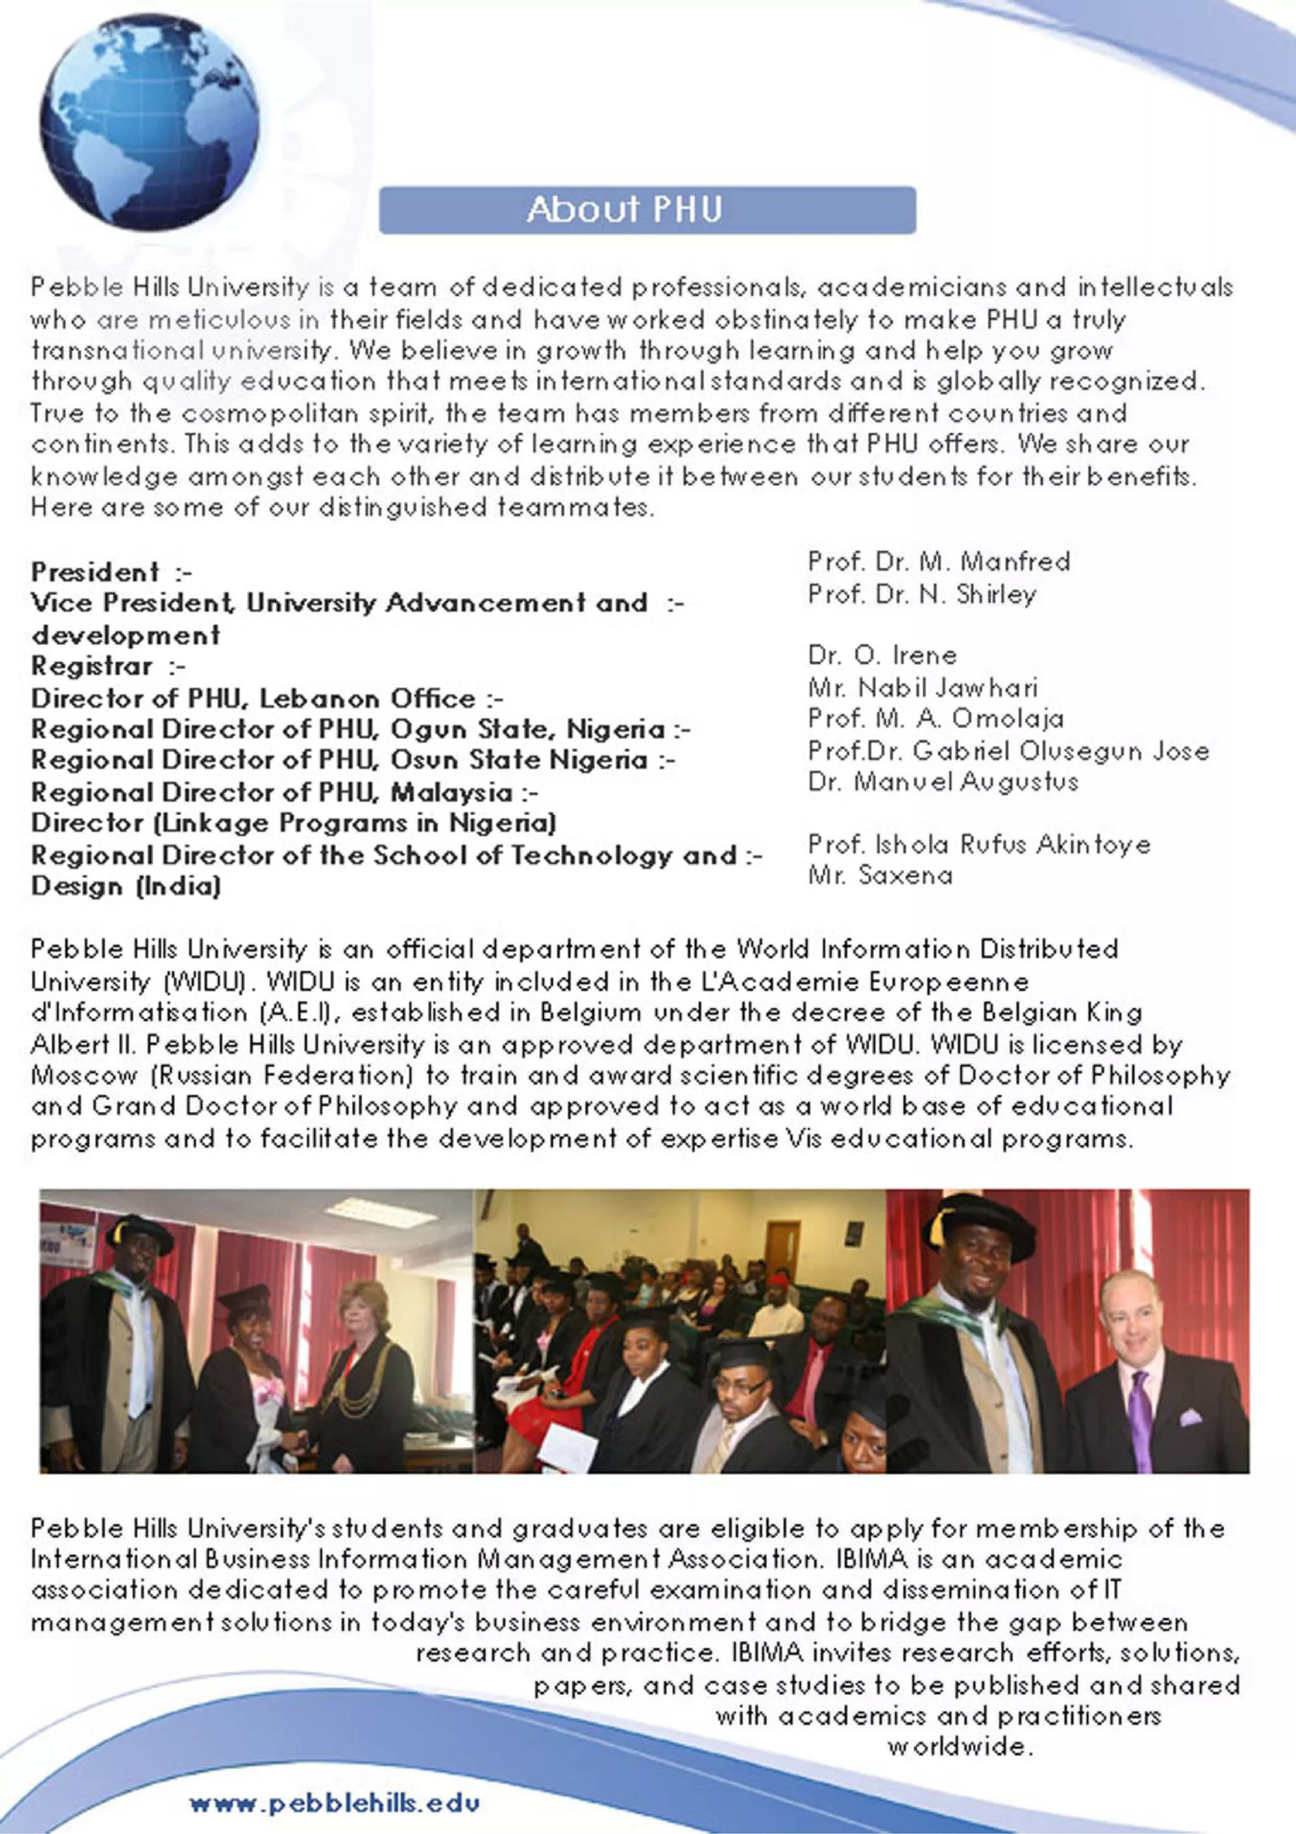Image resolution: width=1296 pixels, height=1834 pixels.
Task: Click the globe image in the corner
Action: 149,122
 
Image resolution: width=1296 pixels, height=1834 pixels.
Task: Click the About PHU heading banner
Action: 647,210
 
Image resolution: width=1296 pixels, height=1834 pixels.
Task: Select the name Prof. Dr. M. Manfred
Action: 938,561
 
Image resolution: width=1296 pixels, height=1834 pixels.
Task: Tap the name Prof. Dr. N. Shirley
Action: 921,594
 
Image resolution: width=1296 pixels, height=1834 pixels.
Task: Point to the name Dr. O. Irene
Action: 882,655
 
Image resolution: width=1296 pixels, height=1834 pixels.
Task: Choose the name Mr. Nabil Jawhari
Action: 922,687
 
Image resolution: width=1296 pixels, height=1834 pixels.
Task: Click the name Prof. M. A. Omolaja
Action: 935,718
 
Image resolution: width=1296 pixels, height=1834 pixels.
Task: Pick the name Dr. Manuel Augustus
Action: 942,780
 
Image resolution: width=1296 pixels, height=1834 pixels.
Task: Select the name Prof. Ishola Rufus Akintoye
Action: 979,844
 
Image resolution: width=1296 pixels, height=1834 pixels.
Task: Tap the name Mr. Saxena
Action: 880,875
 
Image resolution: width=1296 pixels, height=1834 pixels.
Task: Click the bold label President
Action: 95,572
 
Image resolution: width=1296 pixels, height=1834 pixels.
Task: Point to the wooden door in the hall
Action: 783,1247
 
